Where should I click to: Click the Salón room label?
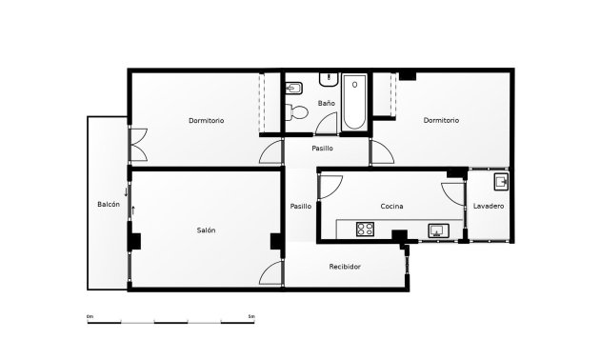(207, 230)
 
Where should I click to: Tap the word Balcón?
(109, 205)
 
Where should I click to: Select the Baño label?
(327, 103)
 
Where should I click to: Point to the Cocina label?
(392, 207)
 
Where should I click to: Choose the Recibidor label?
(345, 267)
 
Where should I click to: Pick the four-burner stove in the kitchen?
(366, 229)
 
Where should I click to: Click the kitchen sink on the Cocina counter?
(439, 230)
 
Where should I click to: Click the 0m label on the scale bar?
(90, 315)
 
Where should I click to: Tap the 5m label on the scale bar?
(250, 315)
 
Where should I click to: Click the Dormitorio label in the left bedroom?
(206, 121)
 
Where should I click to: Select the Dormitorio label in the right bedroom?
(441, 121)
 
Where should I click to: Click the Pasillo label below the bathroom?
(322, 149)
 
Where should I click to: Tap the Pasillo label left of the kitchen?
(301, 207)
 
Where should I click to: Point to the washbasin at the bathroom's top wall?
(330, 76)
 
